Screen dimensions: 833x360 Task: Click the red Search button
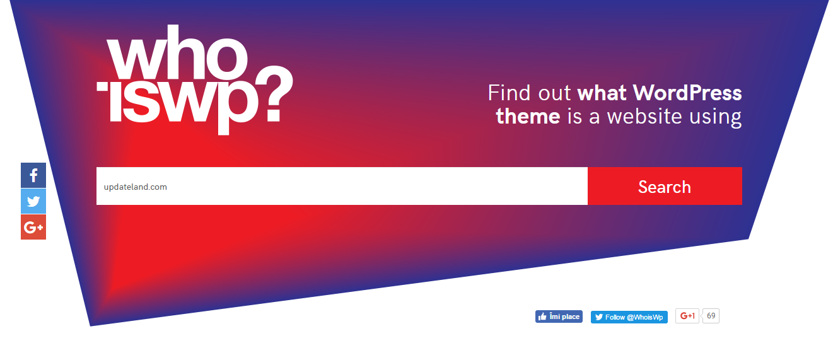pyautogui.click(x=665, y=186)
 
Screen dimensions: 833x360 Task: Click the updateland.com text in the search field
pyautogui.click(x=136, y=187)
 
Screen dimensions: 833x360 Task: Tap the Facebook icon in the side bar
pyautogui.click(x=33, y=175)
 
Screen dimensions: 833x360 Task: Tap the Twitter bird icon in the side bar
pyautogui.click(x=33, y=201)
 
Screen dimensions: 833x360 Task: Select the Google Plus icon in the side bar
pyautogui.click(x=33, y=227)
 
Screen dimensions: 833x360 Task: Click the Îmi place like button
pyautogui.click(x=559, y=316)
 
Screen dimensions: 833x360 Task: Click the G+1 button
pyautogui.click(x=687, y=316)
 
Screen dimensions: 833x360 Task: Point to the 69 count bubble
pyautogui.click(x=711, y=316)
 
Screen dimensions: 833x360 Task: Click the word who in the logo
pyautogui.click(x=177, y=52)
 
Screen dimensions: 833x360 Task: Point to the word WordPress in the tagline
pyautogui.click(x=687, y=93)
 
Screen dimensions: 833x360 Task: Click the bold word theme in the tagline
pyautogui.click(x=528, y=117)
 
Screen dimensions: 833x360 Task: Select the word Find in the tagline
pyautogui.click(x=509, y=93)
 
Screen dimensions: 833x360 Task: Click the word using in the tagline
pyautogui.click(x=716, y=118)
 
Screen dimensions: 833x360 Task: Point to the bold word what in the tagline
pyautogui.click(x=602, y=93)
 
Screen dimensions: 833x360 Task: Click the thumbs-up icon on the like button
pyautogui.click(x=542, y=317)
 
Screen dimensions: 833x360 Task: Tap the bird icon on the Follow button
pyautogui.click(x=598, y=317)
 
